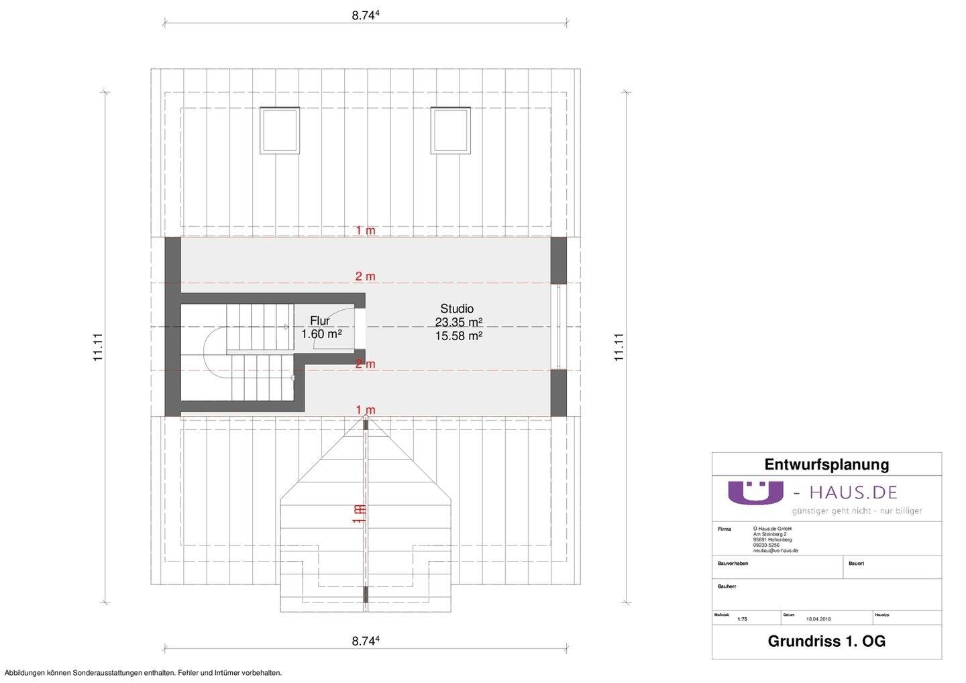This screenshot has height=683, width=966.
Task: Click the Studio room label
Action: click(x=457, y=309)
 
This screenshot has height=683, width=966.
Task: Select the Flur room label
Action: click(x=319, y=321)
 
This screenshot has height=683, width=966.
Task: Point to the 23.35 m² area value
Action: click(x=459, y=323)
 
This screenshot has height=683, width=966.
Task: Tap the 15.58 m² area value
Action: click(x=459, y=336)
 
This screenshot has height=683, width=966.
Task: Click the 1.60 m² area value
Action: click(x=322, y=334)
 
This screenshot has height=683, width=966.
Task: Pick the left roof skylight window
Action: click(x=279, y=129)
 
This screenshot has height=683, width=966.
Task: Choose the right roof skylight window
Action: click(x=449, y=129)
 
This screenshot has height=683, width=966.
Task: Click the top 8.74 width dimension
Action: click(x=366, y=16)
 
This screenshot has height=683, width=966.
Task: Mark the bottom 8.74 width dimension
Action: click(x=366, y=641)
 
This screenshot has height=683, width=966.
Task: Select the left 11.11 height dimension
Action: click(x=99, y=348)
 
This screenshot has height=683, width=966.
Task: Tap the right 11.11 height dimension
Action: click(x=619, y=348)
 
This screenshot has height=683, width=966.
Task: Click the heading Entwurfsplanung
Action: click(x=826, y=464)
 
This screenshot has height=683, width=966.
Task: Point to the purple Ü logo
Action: click(x=755, y=492)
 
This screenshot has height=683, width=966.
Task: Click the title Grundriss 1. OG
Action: click(x=826, y=641)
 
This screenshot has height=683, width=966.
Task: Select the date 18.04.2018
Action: click(x=818, y=619)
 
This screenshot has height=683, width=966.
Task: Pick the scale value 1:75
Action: click(x=741, y=619)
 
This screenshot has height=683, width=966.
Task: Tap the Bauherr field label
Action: click(x=727, y=586)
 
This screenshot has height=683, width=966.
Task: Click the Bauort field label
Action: click(x=856, y=564)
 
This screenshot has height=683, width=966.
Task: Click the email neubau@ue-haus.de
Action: click(x=775, y=550)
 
